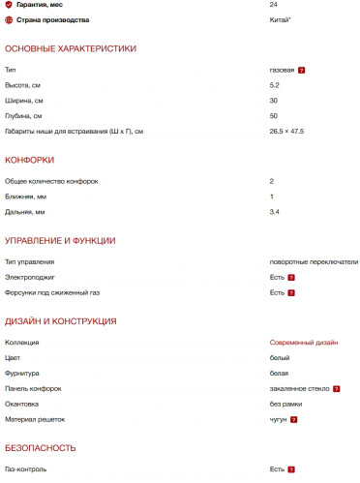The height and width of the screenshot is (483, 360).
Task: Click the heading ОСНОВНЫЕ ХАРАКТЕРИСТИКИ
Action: pyautogui.click(x=71, y=48)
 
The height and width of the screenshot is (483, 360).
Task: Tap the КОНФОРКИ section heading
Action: pyautogui.click(x=29, y=160)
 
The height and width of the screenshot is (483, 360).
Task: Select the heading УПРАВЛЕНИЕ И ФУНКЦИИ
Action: pyautogui.click(x=61, y=240)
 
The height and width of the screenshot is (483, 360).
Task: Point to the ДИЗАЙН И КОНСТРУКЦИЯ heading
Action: pyautogui.click(x=61, y=320)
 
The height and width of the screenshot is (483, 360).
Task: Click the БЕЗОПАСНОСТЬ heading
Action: pyautogui.click(x=41, y=447)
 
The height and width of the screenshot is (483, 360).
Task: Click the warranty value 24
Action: pyautogui.click(x=274, y=5)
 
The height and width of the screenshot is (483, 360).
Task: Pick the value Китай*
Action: pyautogui.click(x=282, y=19)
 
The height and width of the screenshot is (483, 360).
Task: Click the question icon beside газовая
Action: pyautogui.click(x=302, y=71)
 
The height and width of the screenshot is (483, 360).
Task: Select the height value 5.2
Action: pyautogui.click(x=275, y=85)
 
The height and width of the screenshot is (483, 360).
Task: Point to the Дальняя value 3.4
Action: pyautogui.click(x=275, y=211)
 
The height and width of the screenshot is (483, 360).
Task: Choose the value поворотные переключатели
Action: pyautogui.click(x=314, y=261)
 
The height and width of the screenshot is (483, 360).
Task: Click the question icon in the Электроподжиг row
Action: pyautogui.click(x=291, y=277)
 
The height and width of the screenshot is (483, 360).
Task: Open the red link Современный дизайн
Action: pyautogui.click(x=304, y=343)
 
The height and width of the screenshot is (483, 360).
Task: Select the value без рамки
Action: pyautogui.click(x=286, y=403)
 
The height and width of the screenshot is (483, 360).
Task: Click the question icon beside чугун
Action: pyautogui.click(x=293, y=419)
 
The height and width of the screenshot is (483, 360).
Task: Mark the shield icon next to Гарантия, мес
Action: pyautogui.click(x=9, y=5)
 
